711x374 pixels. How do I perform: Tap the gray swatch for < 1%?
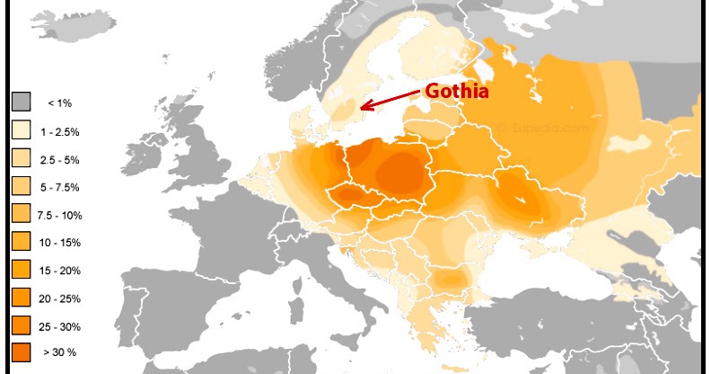(x=22, y=102)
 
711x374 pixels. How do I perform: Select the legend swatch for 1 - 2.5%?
(x=22, y=130)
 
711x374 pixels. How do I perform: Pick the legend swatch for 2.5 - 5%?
(x=22, y=158)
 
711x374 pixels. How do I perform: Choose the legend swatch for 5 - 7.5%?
(x=22, y=186)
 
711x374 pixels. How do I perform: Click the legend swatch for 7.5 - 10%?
(x=22, y=214)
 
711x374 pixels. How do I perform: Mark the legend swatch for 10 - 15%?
(x=22, y=242)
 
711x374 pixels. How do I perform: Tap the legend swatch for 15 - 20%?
(x=22, y=270)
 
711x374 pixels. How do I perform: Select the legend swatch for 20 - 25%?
(x=22, y=298)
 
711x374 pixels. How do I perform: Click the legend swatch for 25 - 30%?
(x=22, y=325)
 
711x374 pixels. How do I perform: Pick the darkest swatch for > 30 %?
(x=22, y=352)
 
